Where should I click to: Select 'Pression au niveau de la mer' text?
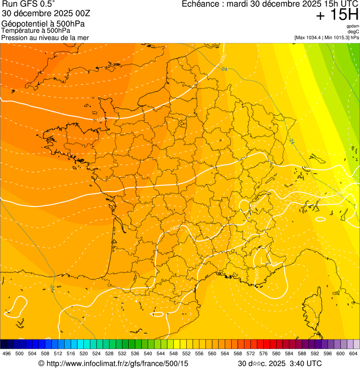coord(45,37)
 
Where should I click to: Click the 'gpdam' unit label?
coord(353,27)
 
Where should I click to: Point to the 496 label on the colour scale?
coord(7,354)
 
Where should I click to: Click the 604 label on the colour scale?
coord(353,354)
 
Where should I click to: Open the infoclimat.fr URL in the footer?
coord(117,363)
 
